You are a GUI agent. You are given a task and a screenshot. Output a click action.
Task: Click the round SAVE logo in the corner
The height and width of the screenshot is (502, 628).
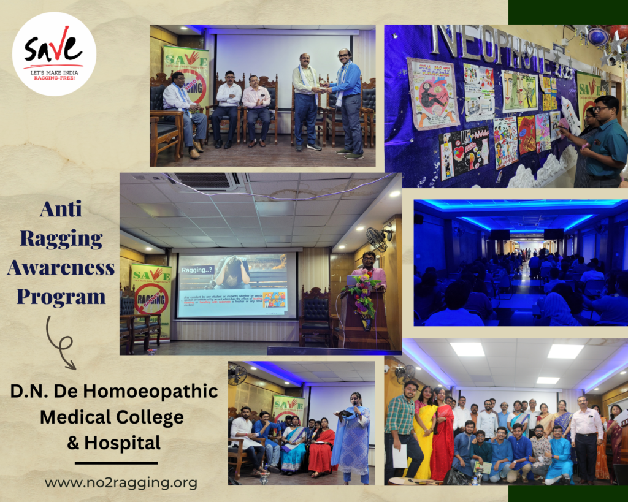[54, 54]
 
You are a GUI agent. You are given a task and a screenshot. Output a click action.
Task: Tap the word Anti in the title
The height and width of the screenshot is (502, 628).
[61, 210]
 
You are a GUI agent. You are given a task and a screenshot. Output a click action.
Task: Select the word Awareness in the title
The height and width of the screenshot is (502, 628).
[61, 268]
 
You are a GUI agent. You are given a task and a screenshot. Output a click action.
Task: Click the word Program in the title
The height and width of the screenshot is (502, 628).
[61, 297]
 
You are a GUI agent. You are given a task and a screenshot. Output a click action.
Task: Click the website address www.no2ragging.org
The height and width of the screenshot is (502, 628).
[121, 483]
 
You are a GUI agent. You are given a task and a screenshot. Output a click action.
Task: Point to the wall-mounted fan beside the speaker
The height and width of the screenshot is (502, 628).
[378, 238]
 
